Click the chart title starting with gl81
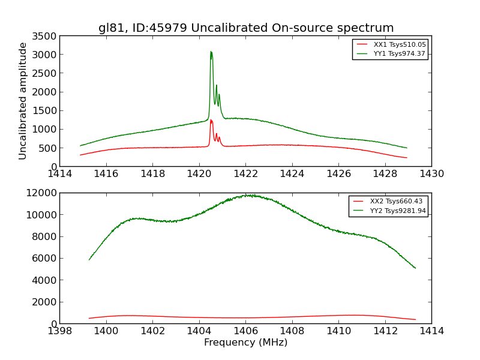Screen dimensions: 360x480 pos(246,28)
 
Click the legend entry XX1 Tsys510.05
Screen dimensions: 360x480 pos(399,44)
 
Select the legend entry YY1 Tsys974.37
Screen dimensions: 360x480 pos(399,53)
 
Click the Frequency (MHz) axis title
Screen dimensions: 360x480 pos(245,343)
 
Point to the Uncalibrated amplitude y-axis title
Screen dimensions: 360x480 pos(23,101)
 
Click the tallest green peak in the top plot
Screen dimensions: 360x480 pos(211,52)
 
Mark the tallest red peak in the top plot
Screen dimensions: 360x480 pos(211,120)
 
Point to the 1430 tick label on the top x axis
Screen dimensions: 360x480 pos(431,174)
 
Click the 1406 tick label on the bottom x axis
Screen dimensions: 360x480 pos(245,331)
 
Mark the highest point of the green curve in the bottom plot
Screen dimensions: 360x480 pos(245,194)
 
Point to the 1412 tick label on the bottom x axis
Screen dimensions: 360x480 pos(385,331)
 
